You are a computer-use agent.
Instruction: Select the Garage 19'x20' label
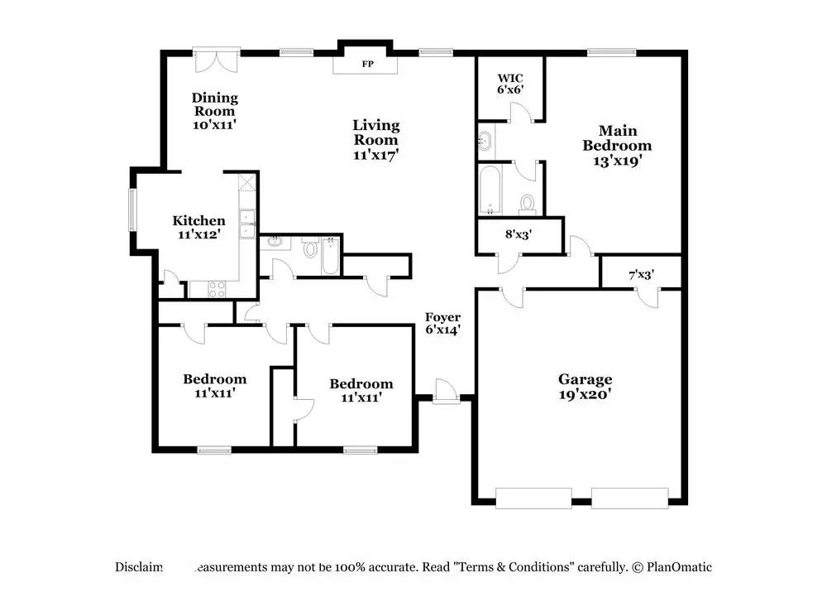[x=585, y=387]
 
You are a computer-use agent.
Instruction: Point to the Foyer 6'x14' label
[x=443, y=323]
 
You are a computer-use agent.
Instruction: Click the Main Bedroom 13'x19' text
[x=618, y=146]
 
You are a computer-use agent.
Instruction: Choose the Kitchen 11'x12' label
[x=198, y=227]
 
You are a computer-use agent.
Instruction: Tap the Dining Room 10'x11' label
[x=214, y=111]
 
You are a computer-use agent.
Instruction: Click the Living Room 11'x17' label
[x=376, y=139]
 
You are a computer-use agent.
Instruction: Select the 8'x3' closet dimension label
[x=519, y=234]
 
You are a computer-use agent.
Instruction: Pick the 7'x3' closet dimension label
[x=642, y=273]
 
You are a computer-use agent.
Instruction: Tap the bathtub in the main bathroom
[x=490, y=190]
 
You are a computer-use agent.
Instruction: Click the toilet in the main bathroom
[x=526, y=202]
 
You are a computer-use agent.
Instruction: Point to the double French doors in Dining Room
[x=216, y=60]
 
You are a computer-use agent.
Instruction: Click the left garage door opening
[x=533, y=497]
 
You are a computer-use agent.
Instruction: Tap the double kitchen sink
[x=247, y=224]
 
